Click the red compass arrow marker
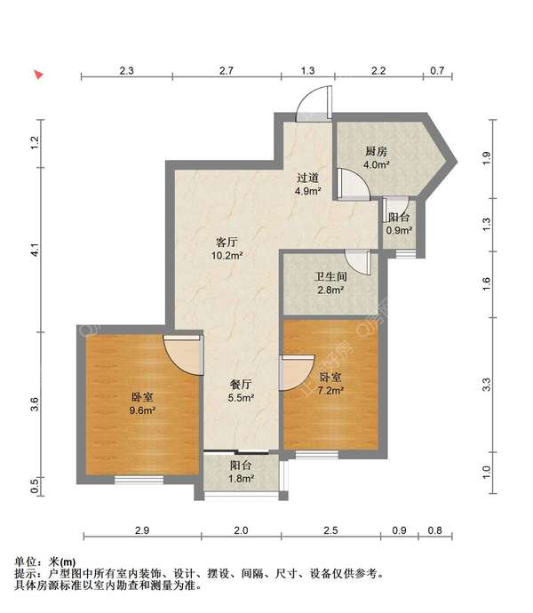pyautogui.click(x=37, y=76)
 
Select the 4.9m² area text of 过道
pyautogui.click(x=307, y=191)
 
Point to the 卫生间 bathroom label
pyautogui.click(x=330, y=276)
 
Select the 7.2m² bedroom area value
pyautogui.click(x=330, y=390)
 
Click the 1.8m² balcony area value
pyautogui.click(x=241, y=479)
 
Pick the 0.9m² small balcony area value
pyautogui.click(x=398, y=231)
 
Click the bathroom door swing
pyautogui.click(x=358, y=262)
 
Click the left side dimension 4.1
pyautogui.click(x=35, y=251)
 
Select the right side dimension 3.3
pyautogui.click(x=486, y=385)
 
